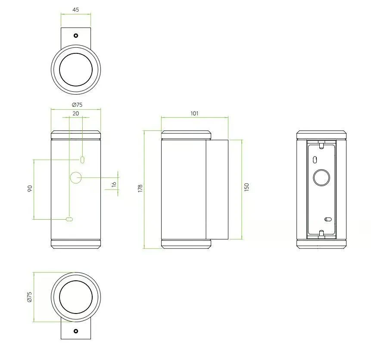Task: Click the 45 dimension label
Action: (x=76, y=10)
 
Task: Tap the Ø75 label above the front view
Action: (x=77, y=105)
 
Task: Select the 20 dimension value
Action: (x=76, y=114)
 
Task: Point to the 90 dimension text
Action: (x=30, y=189)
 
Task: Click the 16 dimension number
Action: (x=114, y=184)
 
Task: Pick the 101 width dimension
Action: (x=194, y=114)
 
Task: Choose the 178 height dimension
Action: (x=140, y=188)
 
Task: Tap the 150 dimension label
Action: (x=246, y=187)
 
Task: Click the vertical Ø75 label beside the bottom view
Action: (x=30, y=297)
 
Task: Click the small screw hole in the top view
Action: (x=76, y=35)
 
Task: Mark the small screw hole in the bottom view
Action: (x=76, y=331)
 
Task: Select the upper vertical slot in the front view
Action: (x=82, y=160)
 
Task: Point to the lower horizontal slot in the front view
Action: (x=69, y=219)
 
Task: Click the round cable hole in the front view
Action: (x=76, y=177)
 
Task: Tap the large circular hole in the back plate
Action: (x=321, y=178)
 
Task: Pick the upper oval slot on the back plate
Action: (x=315, y=160)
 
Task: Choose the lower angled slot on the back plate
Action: (x=328, y=219)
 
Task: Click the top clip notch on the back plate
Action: (x=321, y=145)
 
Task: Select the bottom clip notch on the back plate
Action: (x=321, y=234)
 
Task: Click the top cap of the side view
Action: (x=186, y=135)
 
